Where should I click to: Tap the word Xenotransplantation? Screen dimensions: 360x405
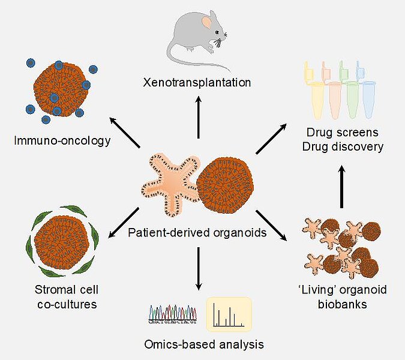(197, 82)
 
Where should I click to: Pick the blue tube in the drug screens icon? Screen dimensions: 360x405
(368, 99)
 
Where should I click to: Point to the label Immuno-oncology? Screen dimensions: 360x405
(62, 141)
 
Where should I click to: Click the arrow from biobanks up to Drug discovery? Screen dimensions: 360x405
(343, 187)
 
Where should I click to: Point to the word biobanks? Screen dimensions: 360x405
(342, 304)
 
